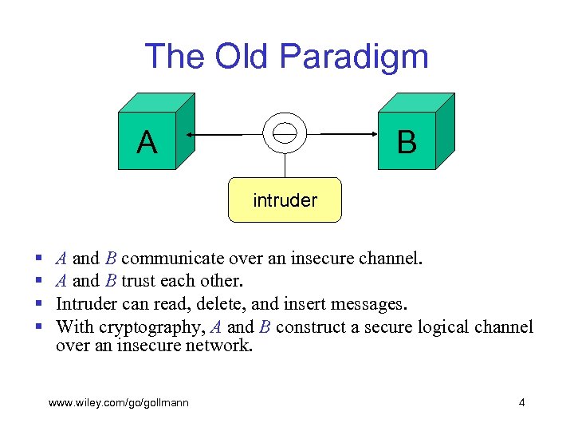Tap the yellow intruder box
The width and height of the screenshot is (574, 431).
[285, 200]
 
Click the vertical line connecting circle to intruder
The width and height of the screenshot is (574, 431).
[285, 164]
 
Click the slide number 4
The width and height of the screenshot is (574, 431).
[521, 402]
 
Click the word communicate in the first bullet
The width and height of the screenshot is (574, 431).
[173, 259]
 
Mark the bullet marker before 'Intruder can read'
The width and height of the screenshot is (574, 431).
[39, 305]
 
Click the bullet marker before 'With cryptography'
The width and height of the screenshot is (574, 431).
[39, 327]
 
